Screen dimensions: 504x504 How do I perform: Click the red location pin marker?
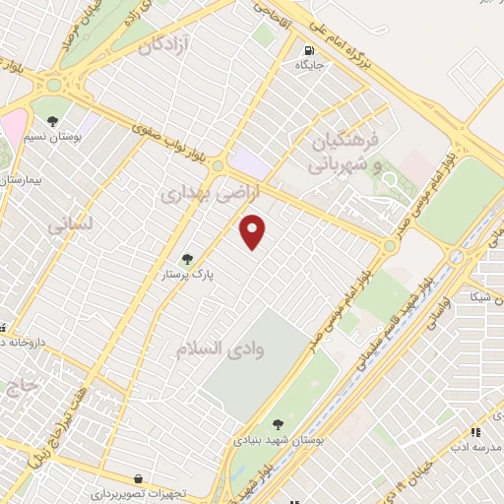253,231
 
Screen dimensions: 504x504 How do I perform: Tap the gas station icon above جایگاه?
309,50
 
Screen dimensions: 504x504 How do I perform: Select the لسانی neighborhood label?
69,224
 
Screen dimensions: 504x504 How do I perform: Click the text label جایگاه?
309,65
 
